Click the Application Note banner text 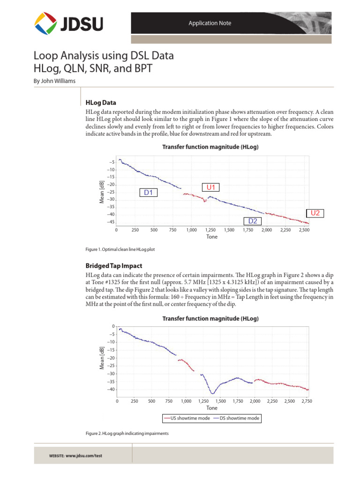pyautogui.click(x=210, y=23)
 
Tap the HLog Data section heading pyautogui.click(x=101, y=102)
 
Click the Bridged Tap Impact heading pyautogui.click(x=111, y=265)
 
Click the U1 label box pyautogui.click(x=210, y=187)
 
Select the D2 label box pyautogui.click(x=252, y=221)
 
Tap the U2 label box pyautogui.click(x=315, y=213)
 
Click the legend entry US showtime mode pyautogui.click(x=187, y=418)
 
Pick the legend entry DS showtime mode pyautogui.click(x=236, y=418)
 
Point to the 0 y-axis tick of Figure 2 pyautogui.click(x=112, y=326)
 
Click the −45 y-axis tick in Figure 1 pyautogui.click(x=111, y=222)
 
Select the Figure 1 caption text pyautogui.click(x=120, y=249)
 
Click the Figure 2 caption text pyautogui.click(x=127, y=434)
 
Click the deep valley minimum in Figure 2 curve pyautogui.click(x=212, y=393)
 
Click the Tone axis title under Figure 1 pyautogui.click(x=212, y=237)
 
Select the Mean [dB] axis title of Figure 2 pyautogui.click(x=102, y=358)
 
